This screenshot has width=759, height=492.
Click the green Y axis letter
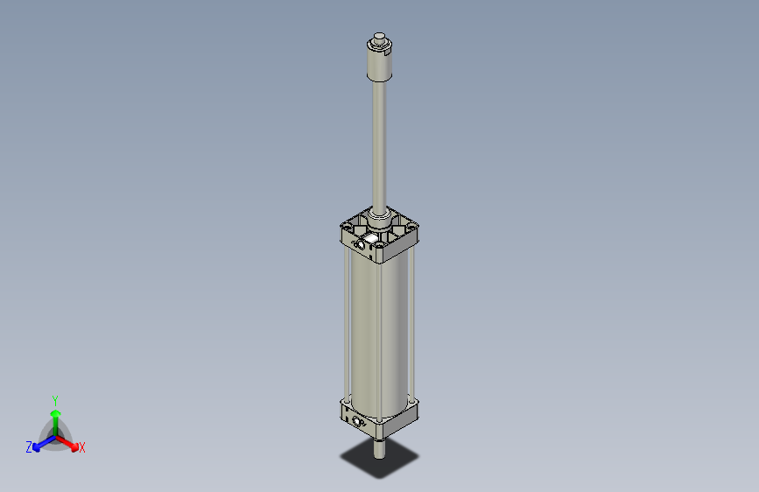(55, 399)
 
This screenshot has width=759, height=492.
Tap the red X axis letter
(82, 448)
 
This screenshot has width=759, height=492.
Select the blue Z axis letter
(29, 447)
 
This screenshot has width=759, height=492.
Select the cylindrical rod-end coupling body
(379, 62)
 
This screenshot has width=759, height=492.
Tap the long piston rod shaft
(379, 140)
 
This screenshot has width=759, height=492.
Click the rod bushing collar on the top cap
(379, 214)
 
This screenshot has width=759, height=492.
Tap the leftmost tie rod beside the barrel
(348, 324)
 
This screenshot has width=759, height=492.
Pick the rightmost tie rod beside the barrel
(412, 324)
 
